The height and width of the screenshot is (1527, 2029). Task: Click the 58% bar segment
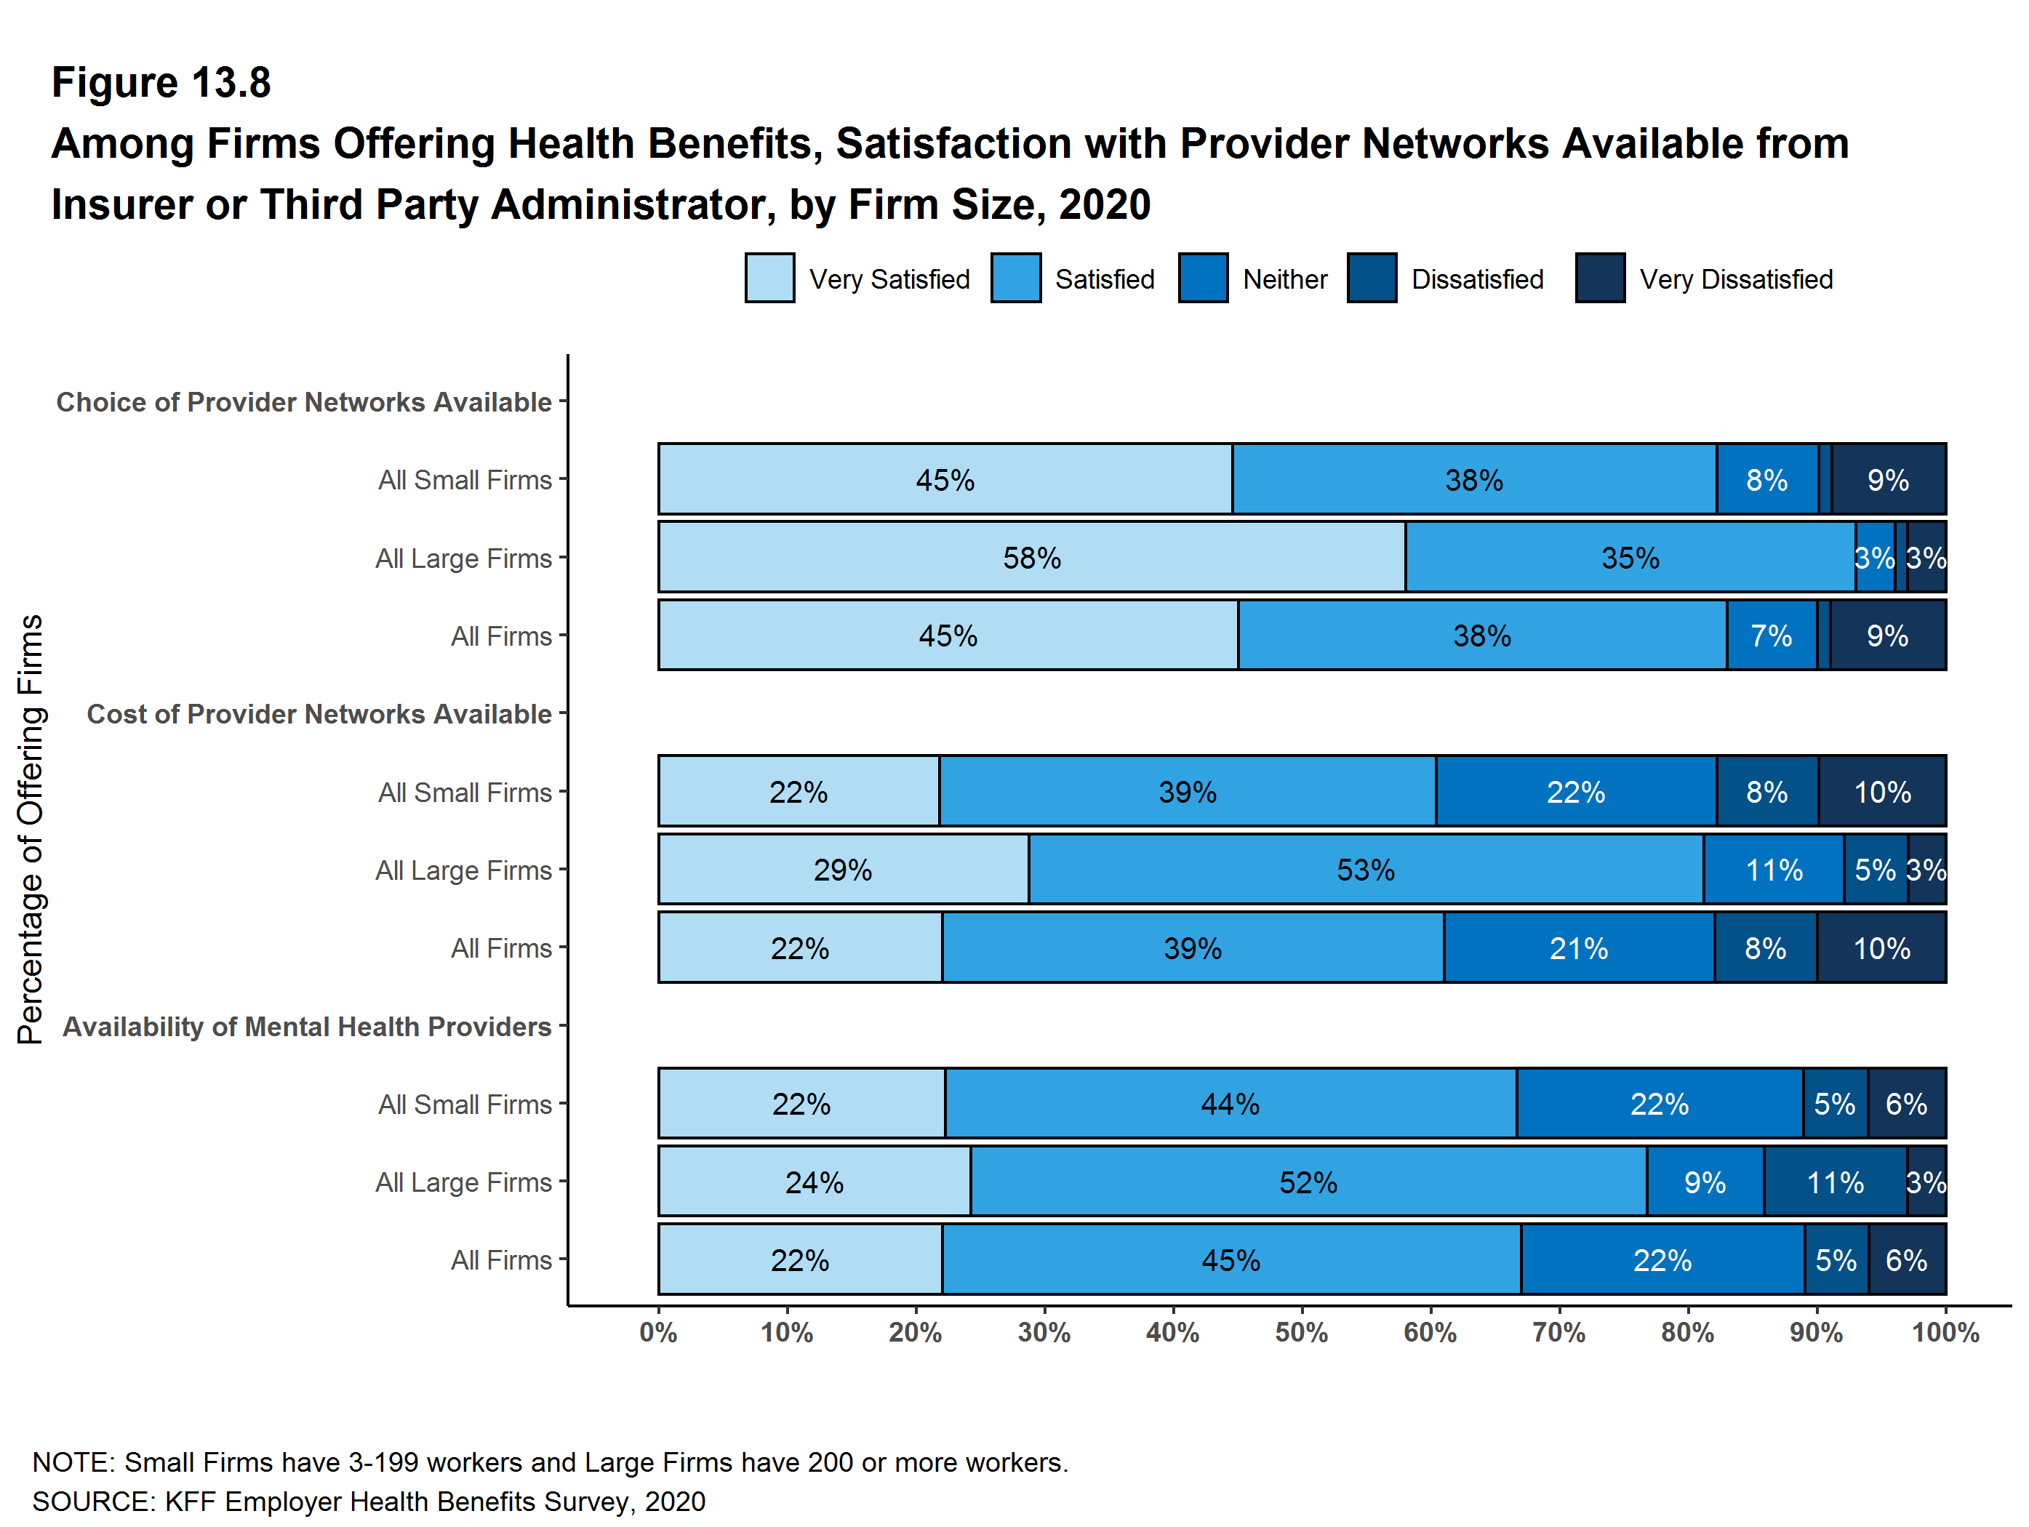click(1031, 558)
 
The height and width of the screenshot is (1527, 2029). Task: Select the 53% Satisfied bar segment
click(1365, 870)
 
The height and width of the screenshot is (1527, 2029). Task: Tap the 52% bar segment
click(1308, 1182)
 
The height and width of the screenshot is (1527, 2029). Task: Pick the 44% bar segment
click(1230, 1103)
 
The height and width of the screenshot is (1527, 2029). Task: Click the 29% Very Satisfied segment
click(843, 870)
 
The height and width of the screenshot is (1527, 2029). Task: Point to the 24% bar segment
click(814, 1182)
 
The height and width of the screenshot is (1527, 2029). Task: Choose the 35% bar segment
click(1630, 558)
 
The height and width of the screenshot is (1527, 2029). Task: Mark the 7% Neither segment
click(1772, 636)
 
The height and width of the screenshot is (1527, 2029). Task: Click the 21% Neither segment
click(1579, 947)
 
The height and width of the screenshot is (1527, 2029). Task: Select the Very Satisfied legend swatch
click(769, 278)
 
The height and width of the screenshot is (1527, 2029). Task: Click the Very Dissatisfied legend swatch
click(1600, 278)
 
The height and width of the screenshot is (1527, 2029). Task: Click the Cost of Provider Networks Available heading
click(319, 713)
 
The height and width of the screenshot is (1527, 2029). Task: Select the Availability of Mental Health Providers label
click(308, 1026)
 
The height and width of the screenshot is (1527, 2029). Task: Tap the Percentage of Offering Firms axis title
click(31, 829)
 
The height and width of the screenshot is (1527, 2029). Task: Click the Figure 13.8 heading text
click(161, 83)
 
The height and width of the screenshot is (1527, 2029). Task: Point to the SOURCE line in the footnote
click(369, 1502)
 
